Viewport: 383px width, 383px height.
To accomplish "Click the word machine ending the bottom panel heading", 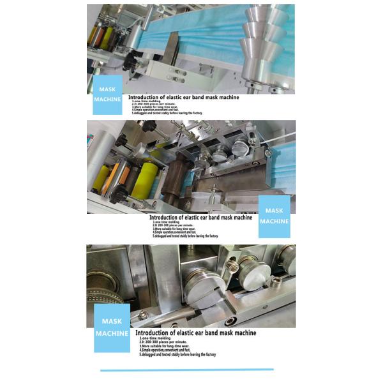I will (x=243, y=333).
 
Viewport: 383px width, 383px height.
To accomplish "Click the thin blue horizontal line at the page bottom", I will (x=186, y=369).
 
